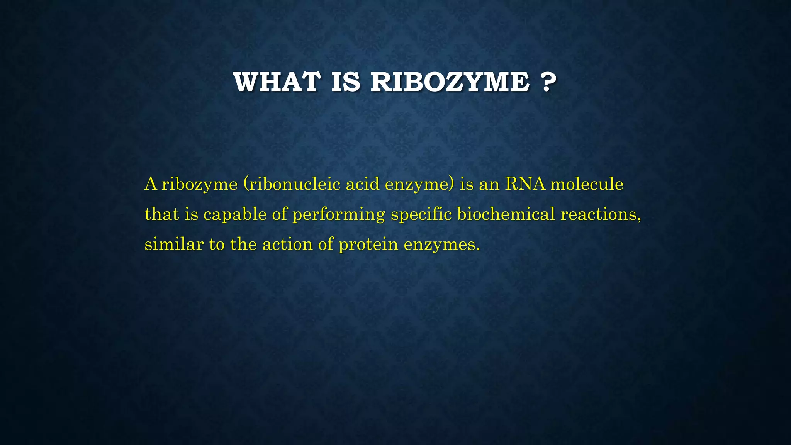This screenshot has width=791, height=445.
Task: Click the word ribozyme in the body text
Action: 199,184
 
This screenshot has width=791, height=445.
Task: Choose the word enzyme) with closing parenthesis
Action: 420,184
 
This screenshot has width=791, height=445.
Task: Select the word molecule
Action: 587,184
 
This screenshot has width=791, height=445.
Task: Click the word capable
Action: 235,214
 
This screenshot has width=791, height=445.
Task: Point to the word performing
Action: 339,214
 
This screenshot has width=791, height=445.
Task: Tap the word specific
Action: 421,214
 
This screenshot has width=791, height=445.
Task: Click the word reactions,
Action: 601,214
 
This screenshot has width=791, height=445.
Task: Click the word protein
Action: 368,245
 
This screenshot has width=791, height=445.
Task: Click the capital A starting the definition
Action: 151,184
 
